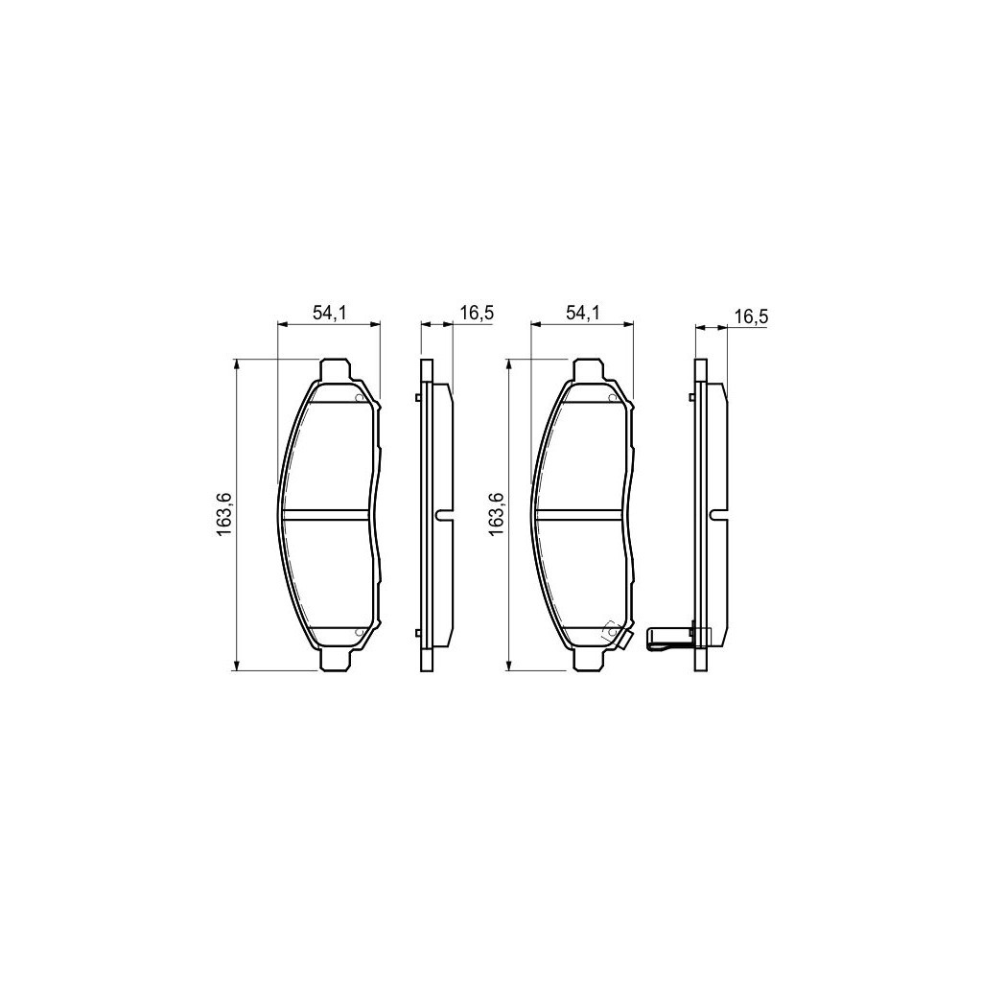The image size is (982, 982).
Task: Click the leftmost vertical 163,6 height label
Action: click(x=223, y=515)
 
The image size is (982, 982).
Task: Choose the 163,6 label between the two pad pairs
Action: click(x=496, y=515)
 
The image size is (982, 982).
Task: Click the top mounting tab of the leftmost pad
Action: click(x=333, y=369)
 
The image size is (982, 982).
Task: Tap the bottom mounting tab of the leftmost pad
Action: click(x=333, y=661)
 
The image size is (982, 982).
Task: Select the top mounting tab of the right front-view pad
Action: click(x=587, y=369)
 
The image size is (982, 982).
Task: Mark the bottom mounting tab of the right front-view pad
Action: click(x=587, y=661)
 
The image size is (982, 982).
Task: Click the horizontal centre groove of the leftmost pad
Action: click(x=327, y=515)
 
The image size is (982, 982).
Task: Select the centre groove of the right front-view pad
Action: click(x=581, y=515)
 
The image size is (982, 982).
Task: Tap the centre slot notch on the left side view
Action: click(x=442, y=515)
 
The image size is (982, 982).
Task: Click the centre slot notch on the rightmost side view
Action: click(x=715, y=515)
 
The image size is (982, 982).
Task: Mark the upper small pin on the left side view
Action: click(x=418, y=399)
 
